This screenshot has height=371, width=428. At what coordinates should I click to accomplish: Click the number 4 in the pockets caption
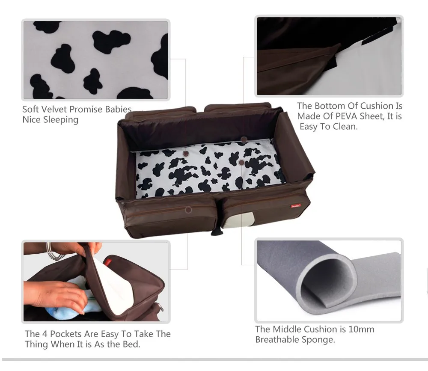pos(45,334)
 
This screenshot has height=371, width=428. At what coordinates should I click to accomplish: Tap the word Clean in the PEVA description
pos(344,127)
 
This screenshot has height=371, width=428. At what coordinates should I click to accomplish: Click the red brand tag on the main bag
pos(296,206)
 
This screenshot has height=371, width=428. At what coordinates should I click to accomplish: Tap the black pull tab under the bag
pos(217,232)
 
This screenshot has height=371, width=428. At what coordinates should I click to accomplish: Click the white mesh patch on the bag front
pos(239,220)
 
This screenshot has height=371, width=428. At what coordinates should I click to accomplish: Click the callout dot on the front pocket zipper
pos(188,210)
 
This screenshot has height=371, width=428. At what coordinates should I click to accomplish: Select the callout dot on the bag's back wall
pos(244,140)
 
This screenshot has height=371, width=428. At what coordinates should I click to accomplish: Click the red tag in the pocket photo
pos(107,262)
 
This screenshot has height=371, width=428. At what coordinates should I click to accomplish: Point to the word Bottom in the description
pos(330,106)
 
